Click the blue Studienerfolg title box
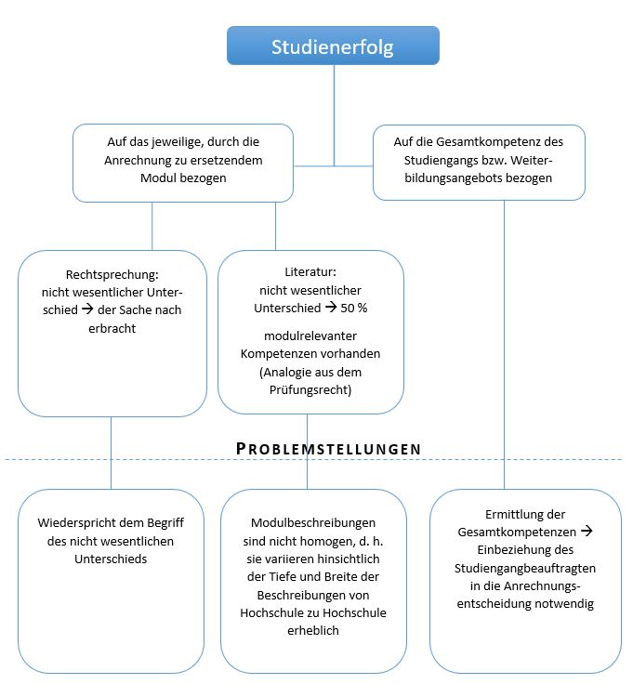pyautogui.click(x=333, y=46)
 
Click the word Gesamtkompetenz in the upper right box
pyautogui.click(x=490, y=142)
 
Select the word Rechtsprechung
pyautogui.click(x=112, y=275)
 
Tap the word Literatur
pyautogui.click(x=310, y=271)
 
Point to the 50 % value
pyautogui.click(x=354, y=308)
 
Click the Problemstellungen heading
pyautogui.click(x=328, y=449)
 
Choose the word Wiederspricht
pyautogui.click(x=69, y=523)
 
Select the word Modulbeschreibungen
pyautogui.click(x=313, y=523)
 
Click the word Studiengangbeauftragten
pyautogui.click(x=525, y=569)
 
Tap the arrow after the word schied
pyautogui.click(x=87, y=309)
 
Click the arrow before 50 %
pyautogui.click(x=331, y=307)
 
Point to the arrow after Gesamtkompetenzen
pyautogui.click(x=587, y=531)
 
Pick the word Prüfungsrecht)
pyautogui.click(x=310, y=390)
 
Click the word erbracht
pyautogui.click(x=112, y=328)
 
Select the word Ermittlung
pyautogui.click(x=508, y=515)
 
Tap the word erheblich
pyautogui.click(x=313, y=631)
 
